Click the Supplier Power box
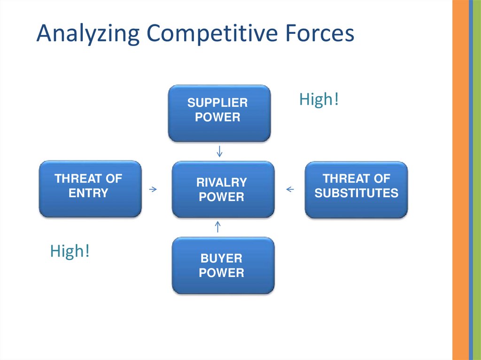219,113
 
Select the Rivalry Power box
223,189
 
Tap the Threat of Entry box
90,189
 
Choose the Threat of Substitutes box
357,189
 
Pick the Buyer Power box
223,265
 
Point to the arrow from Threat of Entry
153,189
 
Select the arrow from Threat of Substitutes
290,190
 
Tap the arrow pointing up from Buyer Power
217,227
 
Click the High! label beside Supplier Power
319,100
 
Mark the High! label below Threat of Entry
70,251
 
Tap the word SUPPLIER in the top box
217,103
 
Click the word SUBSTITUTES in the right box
357,193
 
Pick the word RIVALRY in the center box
222,182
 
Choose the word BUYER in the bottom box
221,258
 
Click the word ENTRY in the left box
88,193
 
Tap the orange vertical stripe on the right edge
460,180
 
